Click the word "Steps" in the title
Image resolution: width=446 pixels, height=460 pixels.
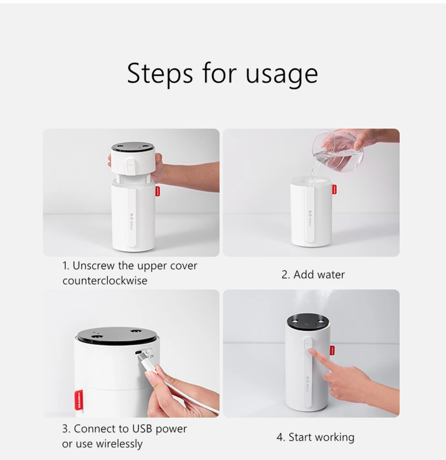pos(160,74)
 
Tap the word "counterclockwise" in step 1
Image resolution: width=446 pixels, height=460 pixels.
pos(105,281)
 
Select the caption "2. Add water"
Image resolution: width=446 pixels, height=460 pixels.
pos(313,274)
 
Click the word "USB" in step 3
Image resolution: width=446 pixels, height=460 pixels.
pos(143,429)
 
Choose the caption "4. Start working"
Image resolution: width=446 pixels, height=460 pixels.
pos(315,437)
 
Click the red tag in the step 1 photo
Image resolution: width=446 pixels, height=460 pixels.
pos(158,191)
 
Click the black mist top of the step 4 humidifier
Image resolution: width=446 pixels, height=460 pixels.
pos(307,320)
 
